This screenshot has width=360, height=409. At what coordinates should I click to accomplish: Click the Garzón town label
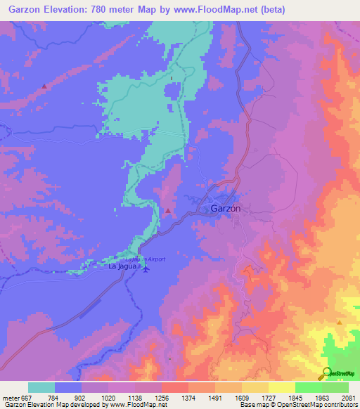pos(226,209)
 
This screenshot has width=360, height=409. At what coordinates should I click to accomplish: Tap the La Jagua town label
pos(122,267)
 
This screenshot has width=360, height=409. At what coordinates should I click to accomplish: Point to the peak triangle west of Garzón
pos(168,211)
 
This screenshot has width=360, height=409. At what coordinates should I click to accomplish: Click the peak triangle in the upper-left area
pos(44,86)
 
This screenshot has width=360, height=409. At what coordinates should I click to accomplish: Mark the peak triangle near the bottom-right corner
pos(340,322)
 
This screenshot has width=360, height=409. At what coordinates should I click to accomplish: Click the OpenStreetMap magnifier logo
pos(326,372)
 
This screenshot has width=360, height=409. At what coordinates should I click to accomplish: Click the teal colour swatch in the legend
pos(41,387)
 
